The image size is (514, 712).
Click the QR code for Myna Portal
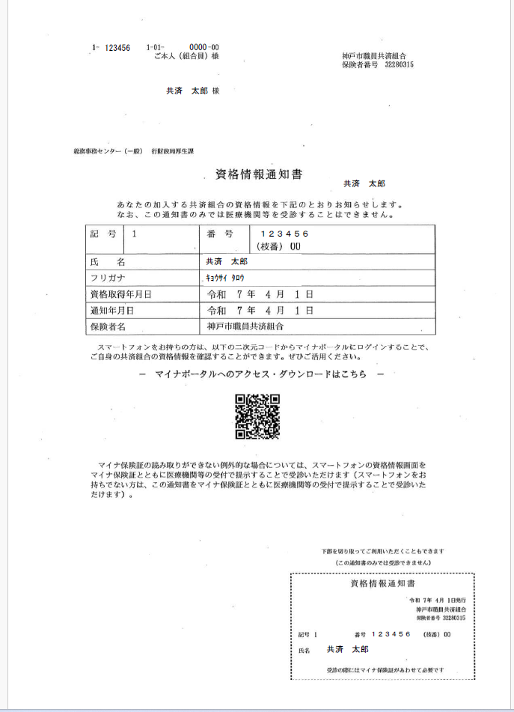click(257, 416)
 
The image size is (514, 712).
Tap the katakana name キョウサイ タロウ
click(225, 278)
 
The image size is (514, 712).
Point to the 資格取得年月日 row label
click(120, 294)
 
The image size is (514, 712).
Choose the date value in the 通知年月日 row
click(260, 310)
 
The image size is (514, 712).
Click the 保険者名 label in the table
click(108, 326)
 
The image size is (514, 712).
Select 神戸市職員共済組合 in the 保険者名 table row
click(245, 326)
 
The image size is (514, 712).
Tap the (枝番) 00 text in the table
click(278, 246)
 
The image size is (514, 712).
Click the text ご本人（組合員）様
click(186, 56)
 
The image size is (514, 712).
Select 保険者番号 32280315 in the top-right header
click(378, 64)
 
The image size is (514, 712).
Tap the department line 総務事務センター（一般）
click(108, 151)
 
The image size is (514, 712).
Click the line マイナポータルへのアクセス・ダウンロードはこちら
click(262, 374)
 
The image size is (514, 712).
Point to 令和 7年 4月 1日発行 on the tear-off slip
click(438, 601)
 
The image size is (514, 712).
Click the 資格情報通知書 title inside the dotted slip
click(382, 583)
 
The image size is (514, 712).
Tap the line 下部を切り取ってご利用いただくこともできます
click(382, 551)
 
